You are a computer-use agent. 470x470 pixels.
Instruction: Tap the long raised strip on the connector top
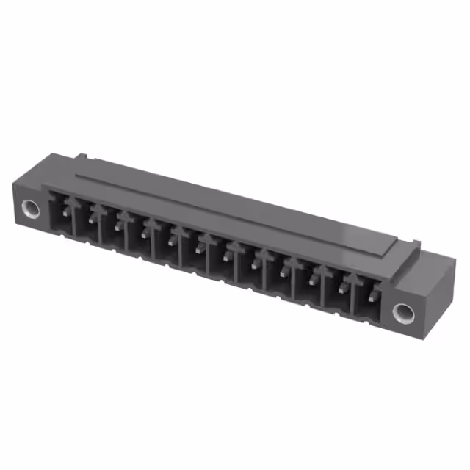point(242,209)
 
